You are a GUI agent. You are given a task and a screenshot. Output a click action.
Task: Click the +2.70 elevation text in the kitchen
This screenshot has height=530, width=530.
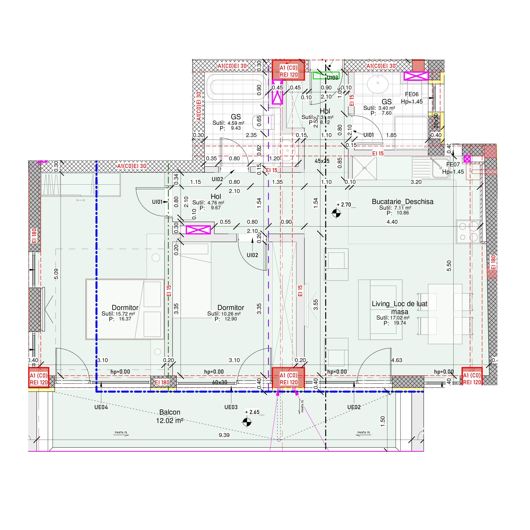(x=344, y=205)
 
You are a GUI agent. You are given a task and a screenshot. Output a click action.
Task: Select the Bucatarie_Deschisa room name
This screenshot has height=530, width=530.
(x=402, y=202)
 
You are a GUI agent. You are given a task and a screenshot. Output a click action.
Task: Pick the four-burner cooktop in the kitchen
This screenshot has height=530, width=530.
(x=468, y=232)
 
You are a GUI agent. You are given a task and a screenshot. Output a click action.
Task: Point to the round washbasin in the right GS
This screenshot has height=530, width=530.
(x=378, y=84)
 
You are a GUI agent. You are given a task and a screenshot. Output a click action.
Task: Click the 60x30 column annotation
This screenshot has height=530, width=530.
(x=220, y=382)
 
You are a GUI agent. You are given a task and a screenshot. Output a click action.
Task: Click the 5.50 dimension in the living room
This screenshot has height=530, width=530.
(x=449, y=266)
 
